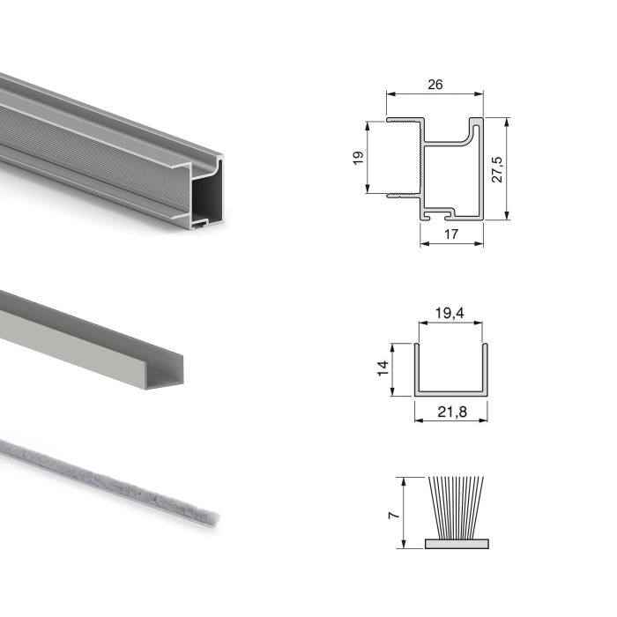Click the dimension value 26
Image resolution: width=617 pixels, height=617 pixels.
point(434,85)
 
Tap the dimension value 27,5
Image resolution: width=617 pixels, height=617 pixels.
point(497,168)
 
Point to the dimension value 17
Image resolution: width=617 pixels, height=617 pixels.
point(450,234)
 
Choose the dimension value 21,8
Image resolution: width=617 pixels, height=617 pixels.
point(449,410)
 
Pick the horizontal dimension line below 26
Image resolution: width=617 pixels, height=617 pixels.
point(434,95)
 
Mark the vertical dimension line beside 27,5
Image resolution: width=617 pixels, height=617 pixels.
point(509,168)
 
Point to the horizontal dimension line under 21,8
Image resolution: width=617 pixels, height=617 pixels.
point(449,420)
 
